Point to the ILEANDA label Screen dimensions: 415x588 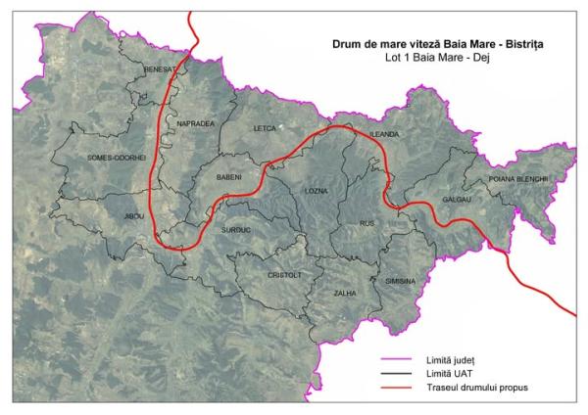point(384,133)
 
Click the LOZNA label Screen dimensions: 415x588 point(317,190)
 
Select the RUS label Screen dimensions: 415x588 point(368,224)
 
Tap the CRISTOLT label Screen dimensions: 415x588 point(285,276)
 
